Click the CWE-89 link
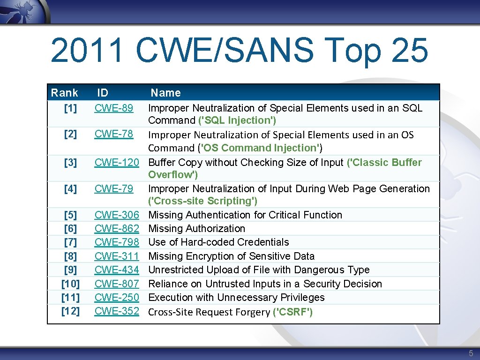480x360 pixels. coord(114,108)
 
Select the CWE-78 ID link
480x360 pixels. coord(114,134)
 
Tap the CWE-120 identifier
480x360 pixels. coord(117,163)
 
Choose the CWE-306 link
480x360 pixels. coord(117,215)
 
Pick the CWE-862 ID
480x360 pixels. coord(117,229)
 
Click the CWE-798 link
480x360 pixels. coord(117,242)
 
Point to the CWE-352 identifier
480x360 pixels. coord(117,311)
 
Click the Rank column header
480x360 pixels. coord(65,93)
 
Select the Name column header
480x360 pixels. coord(165,93)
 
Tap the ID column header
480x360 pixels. coord(103,93)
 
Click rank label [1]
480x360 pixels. coord(70,109)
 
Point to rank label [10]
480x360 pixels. coord(70,284)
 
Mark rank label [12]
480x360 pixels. coord(70,311)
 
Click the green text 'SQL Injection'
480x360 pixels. coord(237,120)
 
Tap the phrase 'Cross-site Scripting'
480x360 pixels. coord(203,201)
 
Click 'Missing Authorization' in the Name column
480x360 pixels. coord(197,229)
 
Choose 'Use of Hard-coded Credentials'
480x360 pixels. coord(218,242)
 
